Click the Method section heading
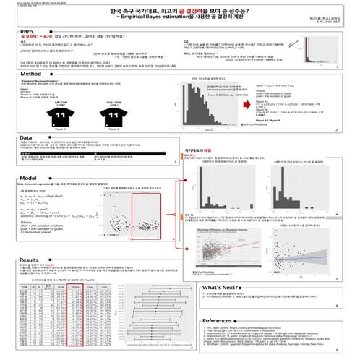pyautogui.click(x=31, y=74)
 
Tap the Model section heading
pyautogui.click(x=29, y=178)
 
